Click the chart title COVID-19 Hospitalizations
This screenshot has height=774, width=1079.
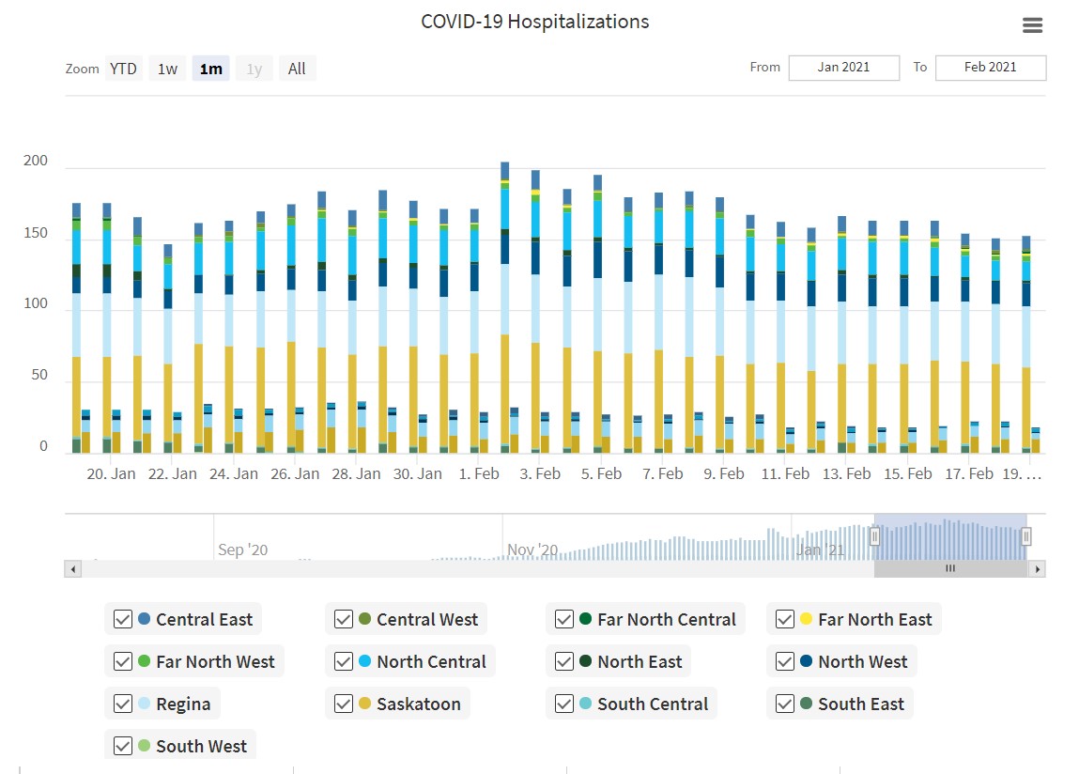[x=534, y=22]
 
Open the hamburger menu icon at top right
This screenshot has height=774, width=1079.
[x=1032, y=25]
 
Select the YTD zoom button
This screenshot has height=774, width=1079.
[x=123, y=69]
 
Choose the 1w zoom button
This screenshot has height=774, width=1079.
[x=167, y=69]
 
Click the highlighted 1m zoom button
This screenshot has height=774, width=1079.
[x=211, y=69]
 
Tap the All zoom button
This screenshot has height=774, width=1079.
[x=297, y=69]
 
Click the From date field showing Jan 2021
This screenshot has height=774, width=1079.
[x=843, y=68]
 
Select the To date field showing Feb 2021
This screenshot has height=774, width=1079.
[x=990, y=68]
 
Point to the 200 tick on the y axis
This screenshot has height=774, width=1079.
[x=36, y=162]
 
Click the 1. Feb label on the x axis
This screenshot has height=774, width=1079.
[x=479, y=473]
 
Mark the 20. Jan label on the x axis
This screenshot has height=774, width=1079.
[x=111, y=473]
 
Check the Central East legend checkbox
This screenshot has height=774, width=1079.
[x=123, y=619]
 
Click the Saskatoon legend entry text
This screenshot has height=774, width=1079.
[x=419, y=704]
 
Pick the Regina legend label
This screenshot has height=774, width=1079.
[x=183, y=704]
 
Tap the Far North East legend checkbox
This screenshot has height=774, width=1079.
[x=785, y=619]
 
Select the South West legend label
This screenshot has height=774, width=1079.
[x=201, y=746]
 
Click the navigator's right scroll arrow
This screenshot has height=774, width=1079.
[x=1037, y=568]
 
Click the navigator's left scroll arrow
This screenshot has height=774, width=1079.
[x=72, y=568]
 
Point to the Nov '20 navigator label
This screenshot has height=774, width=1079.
[x=532, y=550]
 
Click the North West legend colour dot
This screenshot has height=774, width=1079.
[x=806, y=661]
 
